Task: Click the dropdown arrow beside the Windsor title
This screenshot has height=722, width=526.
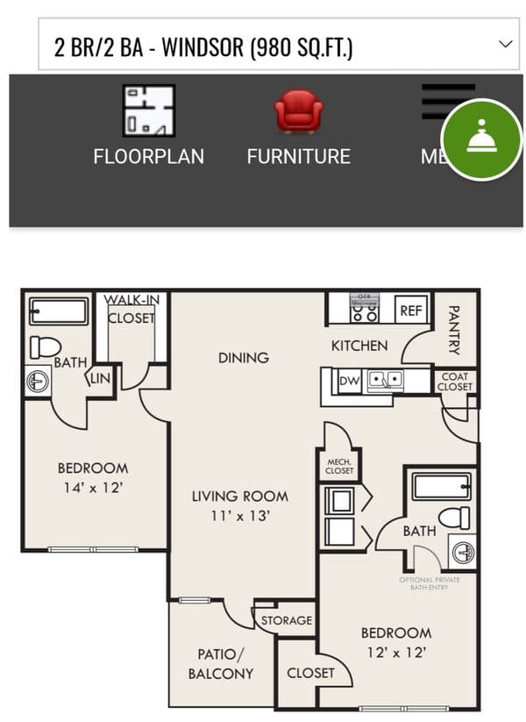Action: coord(506,44)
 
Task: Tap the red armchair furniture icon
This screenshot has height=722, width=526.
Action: coord(298,112)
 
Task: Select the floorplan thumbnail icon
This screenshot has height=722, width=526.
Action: coord(148,111)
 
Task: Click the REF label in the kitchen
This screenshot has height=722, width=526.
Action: coord(411,310)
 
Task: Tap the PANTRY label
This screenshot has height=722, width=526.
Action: coord(454,330)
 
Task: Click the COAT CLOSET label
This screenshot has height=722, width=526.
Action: coord(454,382)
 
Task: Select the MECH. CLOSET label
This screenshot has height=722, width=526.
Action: coord(339,465)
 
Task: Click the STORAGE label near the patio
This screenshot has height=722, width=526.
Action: coord(287,620)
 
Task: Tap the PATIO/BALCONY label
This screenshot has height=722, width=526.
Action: coord(220,663)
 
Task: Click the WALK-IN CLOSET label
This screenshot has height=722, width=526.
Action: coord(131,309)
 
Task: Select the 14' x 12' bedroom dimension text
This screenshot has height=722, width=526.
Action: coord(92,488)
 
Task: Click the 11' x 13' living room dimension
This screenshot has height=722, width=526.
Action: coord(239,516)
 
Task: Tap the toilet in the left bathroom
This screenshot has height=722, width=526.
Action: coord(45,347)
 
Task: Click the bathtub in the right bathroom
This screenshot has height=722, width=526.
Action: coord(441,487)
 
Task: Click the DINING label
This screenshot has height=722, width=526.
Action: coord(244,357)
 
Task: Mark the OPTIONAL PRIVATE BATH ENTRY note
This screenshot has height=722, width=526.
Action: coord(429,584)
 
